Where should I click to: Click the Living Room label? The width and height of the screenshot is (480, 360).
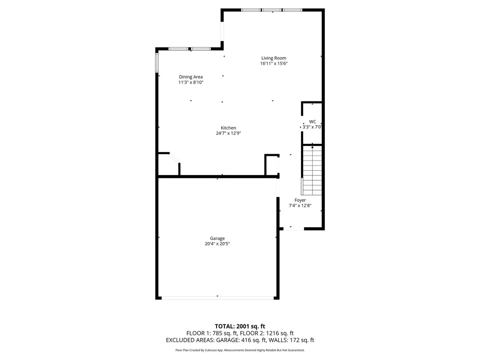[x=274, y=58]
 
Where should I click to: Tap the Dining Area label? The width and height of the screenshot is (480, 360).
[x=191, y=77]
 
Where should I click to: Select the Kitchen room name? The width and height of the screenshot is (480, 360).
[x=228, y=128]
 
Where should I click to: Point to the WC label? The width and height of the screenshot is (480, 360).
[x=312, y=122]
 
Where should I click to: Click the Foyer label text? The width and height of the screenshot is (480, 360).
[x=300, y=200]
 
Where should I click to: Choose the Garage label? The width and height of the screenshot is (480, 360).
[x=217, y=238]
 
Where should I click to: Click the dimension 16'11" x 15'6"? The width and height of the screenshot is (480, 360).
[x=274, y=64]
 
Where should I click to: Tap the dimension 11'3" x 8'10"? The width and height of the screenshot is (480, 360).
[x=191, y=82]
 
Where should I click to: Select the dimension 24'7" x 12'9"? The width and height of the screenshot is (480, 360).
[x=228, y=133]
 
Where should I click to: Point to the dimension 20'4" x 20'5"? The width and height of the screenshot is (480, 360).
[x=217, y=244]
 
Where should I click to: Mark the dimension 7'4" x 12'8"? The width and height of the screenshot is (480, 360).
[x=300, y=206]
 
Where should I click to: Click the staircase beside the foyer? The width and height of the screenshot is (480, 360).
[x=311, y=170]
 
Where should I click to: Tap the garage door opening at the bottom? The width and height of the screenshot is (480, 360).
[x=217, y=298]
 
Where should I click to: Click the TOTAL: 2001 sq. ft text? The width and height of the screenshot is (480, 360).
[x=240, y=326]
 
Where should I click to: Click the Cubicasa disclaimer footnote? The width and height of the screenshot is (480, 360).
[x=240, y=350]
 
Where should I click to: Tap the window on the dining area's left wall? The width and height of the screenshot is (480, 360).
[x=157, y=63]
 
